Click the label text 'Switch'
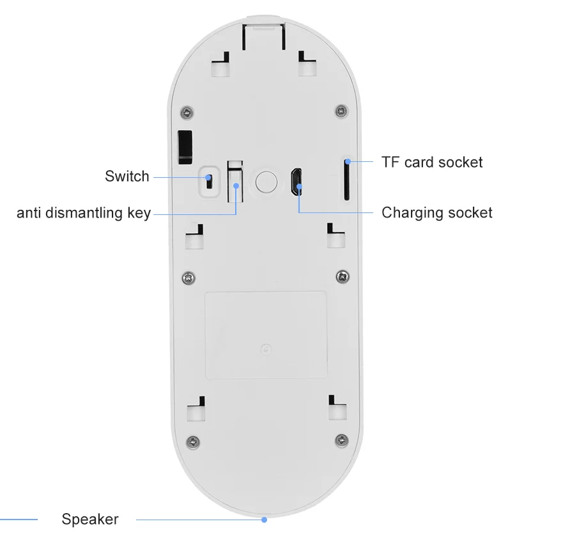127,177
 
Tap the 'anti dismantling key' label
84,213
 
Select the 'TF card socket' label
432,162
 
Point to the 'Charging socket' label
437,212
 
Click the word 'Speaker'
90,519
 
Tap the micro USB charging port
295,182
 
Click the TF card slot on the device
346,181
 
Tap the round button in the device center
266,181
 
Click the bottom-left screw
192,440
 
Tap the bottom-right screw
342,440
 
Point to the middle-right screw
342,276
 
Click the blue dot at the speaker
264,520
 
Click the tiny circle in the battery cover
265,349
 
